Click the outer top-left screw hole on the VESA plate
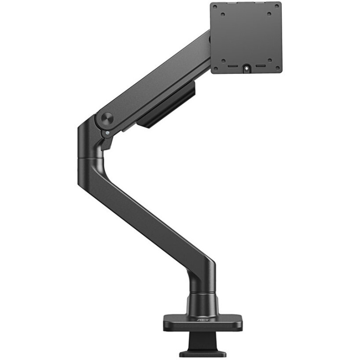pos(215,6)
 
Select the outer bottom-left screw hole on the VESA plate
pos(215,69)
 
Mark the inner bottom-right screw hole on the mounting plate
pos(269,61)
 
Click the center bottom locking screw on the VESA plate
pos(246,68)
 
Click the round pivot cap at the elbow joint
pos(107,118)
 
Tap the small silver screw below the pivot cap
pos(107,133)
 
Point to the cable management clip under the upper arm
pos(166,110)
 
